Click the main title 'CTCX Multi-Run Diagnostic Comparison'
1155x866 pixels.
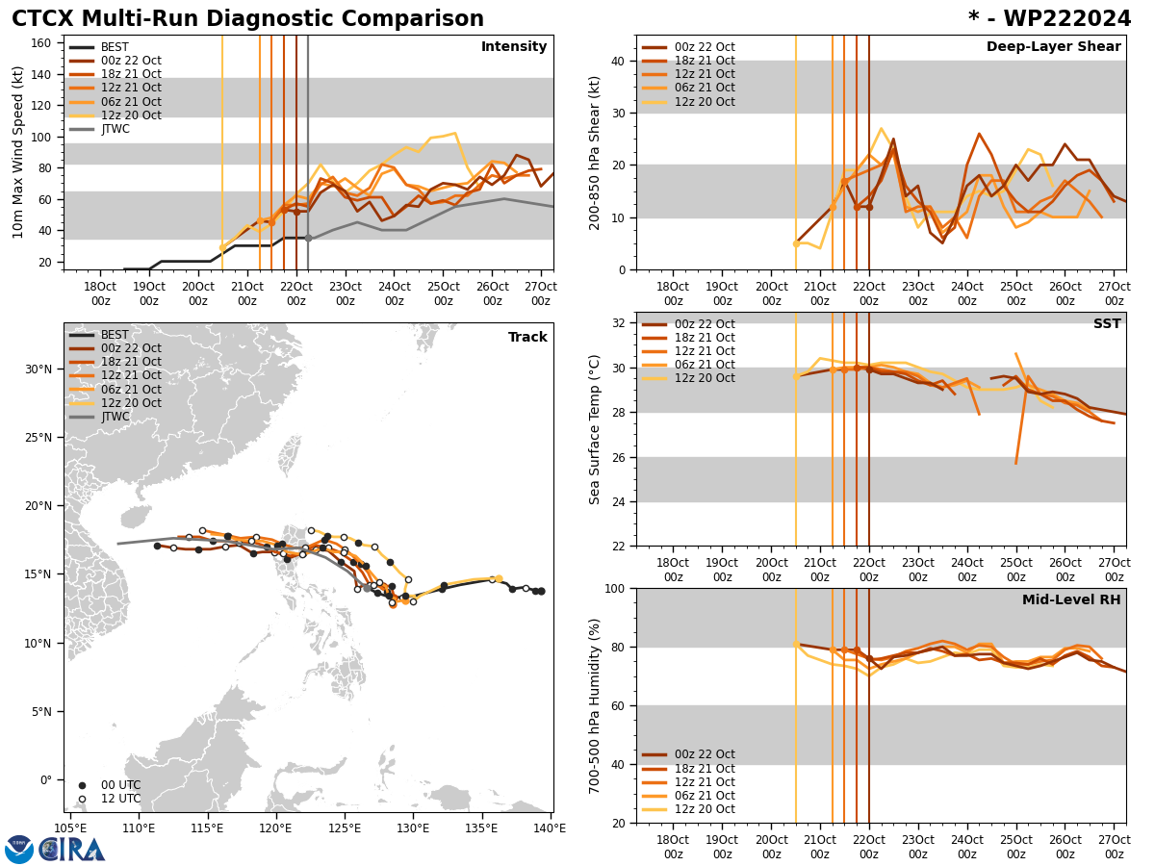point(247,19)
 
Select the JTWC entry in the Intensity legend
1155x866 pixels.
point(115,129)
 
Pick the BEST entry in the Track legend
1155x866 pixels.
point(115,335)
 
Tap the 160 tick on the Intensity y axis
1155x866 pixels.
point(43,42)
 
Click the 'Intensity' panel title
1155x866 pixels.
point(514,47)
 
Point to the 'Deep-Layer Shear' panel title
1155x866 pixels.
point(1053,47)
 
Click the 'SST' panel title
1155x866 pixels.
point(1107,324)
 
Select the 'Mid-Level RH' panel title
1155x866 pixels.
point(1071,600)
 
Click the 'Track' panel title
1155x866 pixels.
point(527,338)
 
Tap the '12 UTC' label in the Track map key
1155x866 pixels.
point(121,799)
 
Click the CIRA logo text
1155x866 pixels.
point(72,850)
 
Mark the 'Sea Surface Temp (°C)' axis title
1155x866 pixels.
point(595,429)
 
